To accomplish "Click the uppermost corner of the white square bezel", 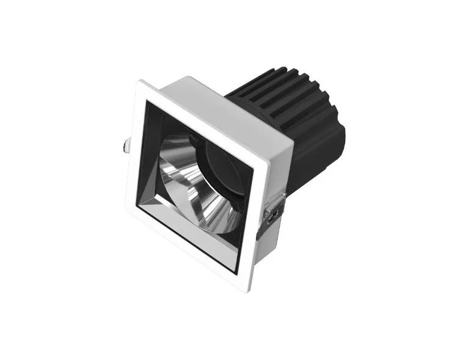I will tap(142, 81).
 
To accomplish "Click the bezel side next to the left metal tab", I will tap(134, 147).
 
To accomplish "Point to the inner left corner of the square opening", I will tap(139, 205).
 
